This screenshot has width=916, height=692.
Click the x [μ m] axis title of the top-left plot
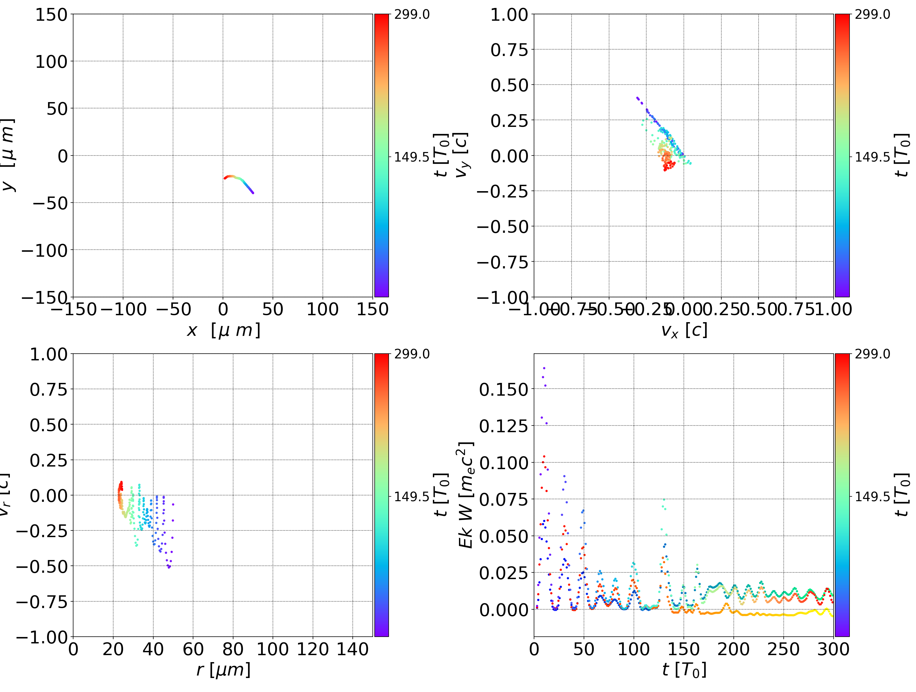click(223, 330)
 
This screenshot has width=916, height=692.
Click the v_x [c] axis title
click(684, 330)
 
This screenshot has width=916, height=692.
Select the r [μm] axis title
click(223, 670)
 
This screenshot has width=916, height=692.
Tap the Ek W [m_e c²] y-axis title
click(466, 495)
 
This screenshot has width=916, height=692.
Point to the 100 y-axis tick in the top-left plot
click(51, 62)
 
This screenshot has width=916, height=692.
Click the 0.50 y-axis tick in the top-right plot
click(509, 85)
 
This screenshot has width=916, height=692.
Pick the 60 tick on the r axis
click(193, 649)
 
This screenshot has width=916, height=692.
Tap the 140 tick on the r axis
click(352, 649)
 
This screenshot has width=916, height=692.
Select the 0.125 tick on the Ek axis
click(503, 426)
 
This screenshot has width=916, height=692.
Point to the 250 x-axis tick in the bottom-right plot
click(783, 649)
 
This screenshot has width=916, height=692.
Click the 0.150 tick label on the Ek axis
click(503, 390)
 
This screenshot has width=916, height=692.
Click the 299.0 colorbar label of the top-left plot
click(412, 15)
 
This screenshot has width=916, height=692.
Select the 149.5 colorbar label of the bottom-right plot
click(872, 496)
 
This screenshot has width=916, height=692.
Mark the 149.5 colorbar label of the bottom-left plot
click(412, 496)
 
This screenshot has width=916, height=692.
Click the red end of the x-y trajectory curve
click(225, 178)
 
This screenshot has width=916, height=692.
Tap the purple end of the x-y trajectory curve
click(253, 193)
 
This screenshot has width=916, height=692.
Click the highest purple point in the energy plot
click(544, 368)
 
